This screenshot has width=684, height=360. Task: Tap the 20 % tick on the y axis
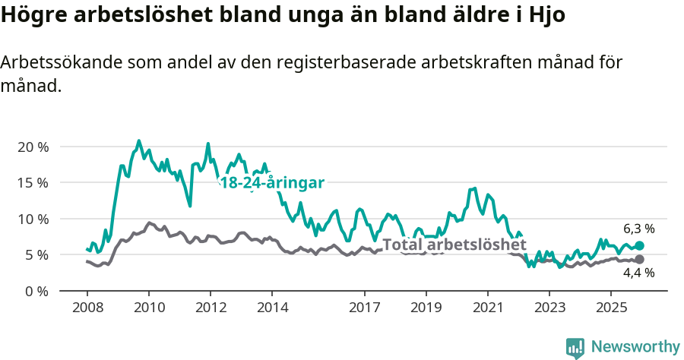(32, 147)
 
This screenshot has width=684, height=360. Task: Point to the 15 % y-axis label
(32, 183)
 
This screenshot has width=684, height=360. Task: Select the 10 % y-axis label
(32, 219)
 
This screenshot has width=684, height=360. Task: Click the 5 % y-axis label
(35, 255)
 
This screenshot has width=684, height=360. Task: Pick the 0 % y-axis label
(35, 291)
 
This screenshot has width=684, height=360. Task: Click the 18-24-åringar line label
(272, 183)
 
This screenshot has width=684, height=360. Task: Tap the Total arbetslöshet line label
(454, 245)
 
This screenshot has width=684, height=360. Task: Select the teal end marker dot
(639, 245)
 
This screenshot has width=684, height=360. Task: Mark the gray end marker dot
(639, 260)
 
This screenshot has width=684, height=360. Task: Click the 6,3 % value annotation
(638, 229)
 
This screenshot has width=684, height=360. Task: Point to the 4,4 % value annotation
(638, 274)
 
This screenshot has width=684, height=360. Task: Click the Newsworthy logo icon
(575, 347)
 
